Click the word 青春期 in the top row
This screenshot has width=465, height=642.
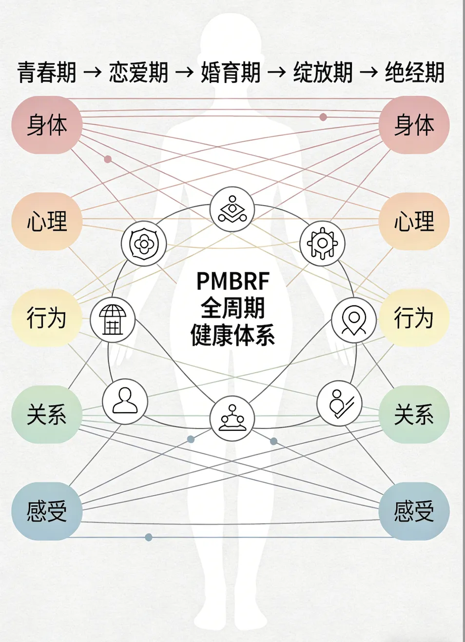click(x=47, y=73)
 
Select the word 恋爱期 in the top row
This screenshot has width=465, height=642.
click(x=138, y=73)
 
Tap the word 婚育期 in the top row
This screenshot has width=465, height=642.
click(x=231, y=73)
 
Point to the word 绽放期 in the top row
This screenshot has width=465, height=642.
click(x=323, y=73)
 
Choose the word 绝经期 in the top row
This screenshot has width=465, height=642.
click(x=415, y=73)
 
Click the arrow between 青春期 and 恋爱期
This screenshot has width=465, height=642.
click(x=93, y=73)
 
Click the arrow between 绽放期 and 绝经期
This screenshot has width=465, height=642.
click(x=369, y=73)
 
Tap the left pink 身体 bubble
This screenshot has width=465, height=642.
click(x=47, y=125)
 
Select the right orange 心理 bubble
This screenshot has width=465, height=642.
click(x=414, y=221)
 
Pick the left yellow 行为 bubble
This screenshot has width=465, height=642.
click(x=47, y=318)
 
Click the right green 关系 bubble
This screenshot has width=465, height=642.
click(x=414, y=414)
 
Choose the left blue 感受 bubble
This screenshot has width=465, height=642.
click(x=47, y=511)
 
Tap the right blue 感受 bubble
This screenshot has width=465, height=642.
click(x=414, y=511)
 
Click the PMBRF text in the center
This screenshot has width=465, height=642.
click(x=232, y=281)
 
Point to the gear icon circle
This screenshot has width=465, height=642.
click(x=322, y=243)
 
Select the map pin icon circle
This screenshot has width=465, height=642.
click(x=354, y=320)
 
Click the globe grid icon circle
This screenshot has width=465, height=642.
click(x=113, y=320)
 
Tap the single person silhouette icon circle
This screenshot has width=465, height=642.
click(x=125, y=401)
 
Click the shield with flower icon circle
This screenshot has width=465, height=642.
click(x=144, y=243)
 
